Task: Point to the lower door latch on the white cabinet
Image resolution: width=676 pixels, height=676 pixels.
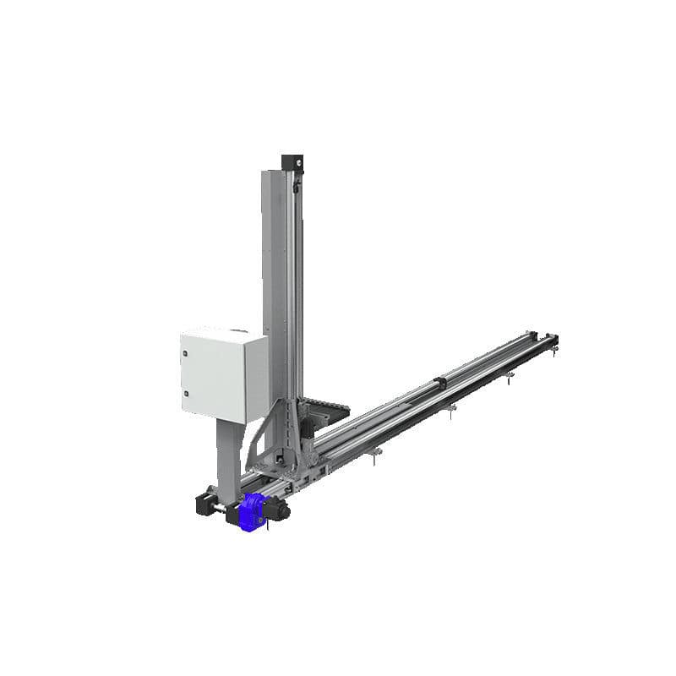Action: coord(185,394)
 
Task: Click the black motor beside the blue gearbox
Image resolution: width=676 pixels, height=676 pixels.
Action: coord(278,509)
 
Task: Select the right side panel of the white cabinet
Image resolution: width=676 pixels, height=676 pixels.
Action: coord(255,378)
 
